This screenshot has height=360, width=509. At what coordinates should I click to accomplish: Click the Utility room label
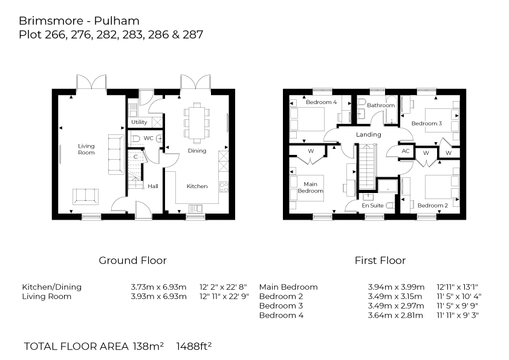139,122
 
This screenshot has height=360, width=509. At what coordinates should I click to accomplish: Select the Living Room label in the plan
86,149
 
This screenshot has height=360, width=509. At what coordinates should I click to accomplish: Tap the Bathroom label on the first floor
382,105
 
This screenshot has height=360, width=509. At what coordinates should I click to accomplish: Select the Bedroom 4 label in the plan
320,102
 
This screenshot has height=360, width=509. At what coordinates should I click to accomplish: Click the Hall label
153,186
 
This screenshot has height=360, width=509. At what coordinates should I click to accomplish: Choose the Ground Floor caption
132,261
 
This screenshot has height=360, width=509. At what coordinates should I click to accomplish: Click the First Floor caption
380,261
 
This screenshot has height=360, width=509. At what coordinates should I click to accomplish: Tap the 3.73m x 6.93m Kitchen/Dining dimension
158,287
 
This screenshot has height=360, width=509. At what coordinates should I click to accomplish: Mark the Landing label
368,134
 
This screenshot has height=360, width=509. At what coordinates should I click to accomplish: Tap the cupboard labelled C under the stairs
135,156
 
